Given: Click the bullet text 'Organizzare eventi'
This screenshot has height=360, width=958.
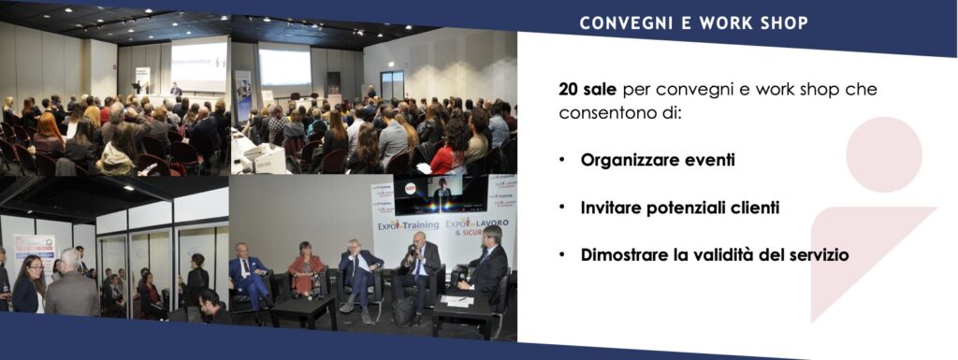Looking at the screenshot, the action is point(658,161).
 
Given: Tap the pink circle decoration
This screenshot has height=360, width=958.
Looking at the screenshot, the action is point(883,154).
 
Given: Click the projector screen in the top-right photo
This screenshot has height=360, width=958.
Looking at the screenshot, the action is point(284,67).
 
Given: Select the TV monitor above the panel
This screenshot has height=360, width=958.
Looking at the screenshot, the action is point(440,194).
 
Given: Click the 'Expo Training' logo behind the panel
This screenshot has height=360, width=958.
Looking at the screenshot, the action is point(408,225).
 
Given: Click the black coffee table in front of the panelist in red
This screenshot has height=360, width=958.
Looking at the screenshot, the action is point(303,310).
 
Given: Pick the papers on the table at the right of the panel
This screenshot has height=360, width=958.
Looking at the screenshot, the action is point(456,299).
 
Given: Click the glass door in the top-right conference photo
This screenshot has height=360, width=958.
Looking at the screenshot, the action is point(392,85).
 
